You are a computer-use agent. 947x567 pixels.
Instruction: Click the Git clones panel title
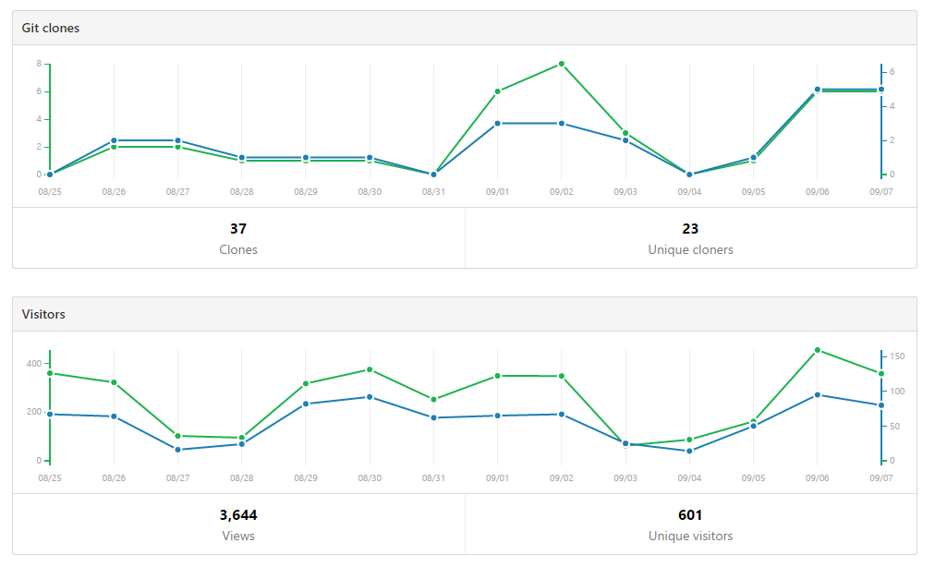(x=51, y=28)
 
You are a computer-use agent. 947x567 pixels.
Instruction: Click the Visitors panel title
(x=43, y=314)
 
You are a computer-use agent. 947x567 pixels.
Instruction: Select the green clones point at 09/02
(x=562, y=64)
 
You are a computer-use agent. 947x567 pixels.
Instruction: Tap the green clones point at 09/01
(x=497, y=91)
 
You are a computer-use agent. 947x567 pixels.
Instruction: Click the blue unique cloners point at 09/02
(x=562, y=123)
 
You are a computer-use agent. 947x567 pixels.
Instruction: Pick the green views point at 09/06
(x=818, y=350)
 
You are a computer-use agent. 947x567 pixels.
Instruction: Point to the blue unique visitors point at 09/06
(x=818, y=395)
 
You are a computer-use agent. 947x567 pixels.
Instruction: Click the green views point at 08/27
(x=177, y=436)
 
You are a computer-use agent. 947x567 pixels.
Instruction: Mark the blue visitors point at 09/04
(x=689, y=451)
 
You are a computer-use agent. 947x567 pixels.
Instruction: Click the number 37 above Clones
(x=238, y=229)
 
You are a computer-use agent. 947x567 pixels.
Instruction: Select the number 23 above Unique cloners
(x=690, y=229)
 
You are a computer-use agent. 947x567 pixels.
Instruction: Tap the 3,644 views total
(x=238, y=515)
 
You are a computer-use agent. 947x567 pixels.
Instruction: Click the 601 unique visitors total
(x=690, y=515)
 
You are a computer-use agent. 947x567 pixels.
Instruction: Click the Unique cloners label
(x=690, y=249)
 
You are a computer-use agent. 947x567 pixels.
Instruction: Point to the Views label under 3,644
(x=238, y=536)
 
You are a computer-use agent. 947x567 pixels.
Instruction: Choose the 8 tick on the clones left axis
(x=39, y=64)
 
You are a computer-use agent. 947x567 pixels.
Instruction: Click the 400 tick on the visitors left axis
(x=33, y=364)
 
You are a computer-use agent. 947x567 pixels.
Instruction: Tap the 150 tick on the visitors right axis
(x=897, y=356)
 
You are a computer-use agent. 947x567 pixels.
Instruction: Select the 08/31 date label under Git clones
(x=433, y=192)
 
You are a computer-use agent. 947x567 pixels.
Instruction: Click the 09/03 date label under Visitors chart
(x=625, y=478)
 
